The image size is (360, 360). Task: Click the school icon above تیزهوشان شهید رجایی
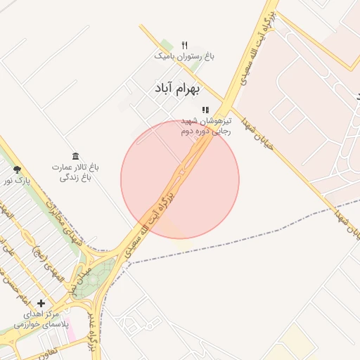point(205,110)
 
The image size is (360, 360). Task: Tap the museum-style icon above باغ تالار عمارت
point(75,156)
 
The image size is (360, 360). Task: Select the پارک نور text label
point(17,181)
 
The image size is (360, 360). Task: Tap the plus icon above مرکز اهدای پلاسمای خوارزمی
point(41,303)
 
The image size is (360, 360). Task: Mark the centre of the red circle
point(180,179)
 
